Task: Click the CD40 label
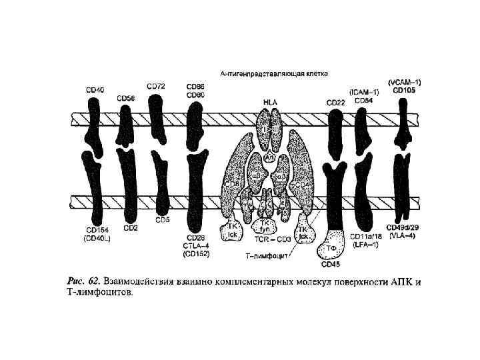tap(94, 89)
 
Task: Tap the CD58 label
tap(125, 98)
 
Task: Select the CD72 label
tap(156, 86)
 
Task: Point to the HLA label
tap(270, 101)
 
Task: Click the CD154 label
tap(94, 230)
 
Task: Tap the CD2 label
tap(131, 228)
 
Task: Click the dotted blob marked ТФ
tap(331, 247)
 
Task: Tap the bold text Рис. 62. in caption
tap(88, 281)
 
